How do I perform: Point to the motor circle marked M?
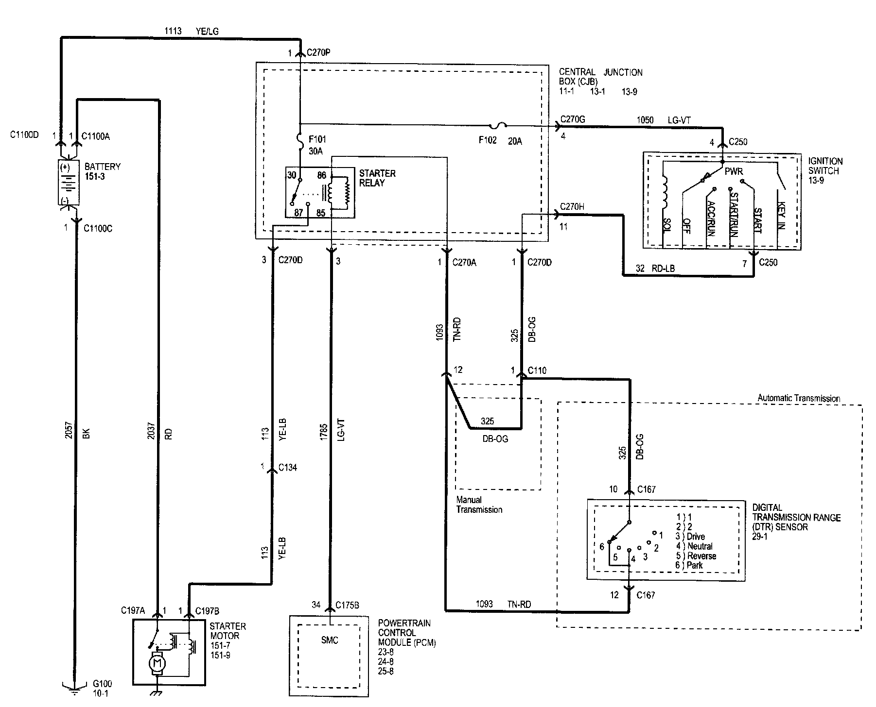click(x=157, y=662)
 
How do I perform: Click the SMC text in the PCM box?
click(x=330, y=640)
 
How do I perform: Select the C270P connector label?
click(x=318, y=53)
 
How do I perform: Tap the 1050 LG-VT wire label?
click(x=658, y=120)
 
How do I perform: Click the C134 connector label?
click(x=287, y=468)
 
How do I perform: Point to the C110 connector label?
click(x=537, y=370)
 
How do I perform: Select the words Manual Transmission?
click(x=478, y=505)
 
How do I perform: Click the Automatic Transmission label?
click(x=798, y=398)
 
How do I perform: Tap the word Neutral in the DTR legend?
click(x=700, y=546)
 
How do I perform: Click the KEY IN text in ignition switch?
click(x=781, y=216)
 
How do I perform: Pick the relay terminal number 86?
click(x=322, y=175)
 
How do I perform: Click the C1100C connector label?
click(x=98, y=228)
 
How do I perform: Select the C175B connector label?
click(x=347, y=606)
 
